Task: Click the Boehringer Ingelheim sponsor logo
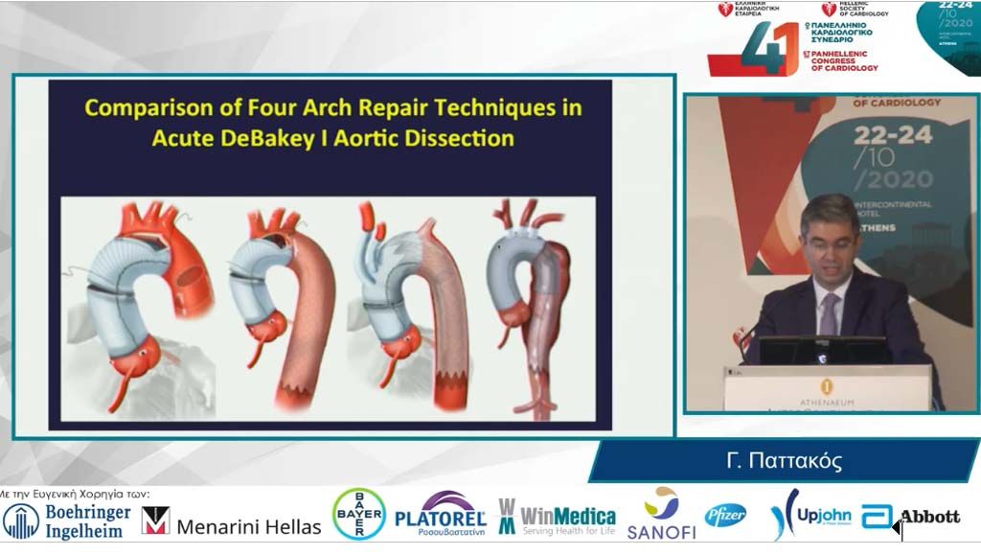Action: (67, 520)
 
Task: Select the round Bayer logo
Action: (359, 515)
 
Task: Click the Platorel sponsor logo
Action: (441, 515)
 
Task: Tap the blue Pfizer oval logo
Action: (726, 516)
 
